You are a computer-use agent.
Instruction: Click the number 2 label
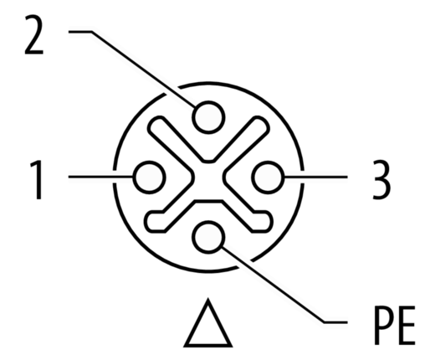[x=34, y=34]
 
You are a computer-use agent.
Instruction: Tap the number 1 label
[x=36, y=180]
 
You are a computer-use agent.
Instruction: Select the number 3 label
[x=381, y=180]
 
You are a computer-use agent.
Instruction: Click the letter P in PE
[x=384, y=325]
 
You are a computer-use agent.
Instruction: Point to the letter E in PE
[x=407, y=325]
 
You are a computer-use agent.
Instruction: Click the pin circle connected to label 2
[x=208, y=117]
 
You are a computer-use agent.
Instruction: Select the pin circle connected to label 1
[x=149, y=177]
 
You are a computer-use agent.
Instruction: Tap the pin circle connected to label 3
[x=268, y=177]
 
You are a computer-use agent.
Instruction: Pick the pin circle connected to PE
[x=208, y=237]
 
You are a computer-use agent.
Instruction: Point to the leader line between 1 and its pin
[x=101, y=177]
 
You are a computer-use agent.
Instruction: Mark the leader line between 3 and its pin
[x=315, y=177]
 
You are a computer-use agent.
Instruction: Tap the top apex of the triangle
[x=208, y=298]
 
